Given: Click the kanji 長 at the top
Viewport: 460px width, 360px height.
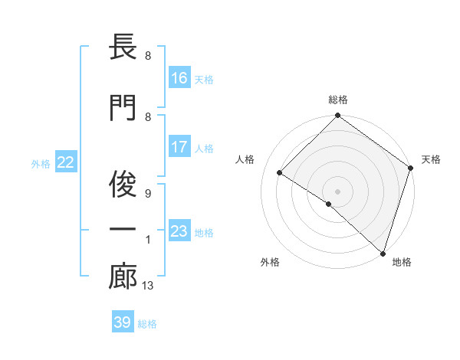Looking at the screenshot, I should pos(123,48).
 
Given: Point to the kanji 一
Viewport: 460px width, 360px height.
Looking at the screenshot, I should pos(123,230).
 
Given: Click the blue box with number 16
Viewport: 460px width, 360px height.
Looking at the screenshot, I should pos(179,77).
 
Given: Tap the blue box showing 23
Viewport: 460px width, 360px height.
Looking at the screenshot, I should pos(179,231).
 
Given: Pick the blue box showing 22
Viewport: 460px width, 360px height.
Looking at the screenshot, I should pos(65,162).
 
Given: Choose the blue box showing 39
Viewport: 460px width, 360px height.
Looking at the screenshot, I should pos(123,322).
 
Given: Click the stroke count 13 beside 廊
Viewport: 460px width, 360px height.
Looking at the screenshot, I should pos(148,286).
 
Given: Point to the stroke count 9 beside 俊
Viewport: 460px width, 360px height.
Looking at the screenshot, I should pos(147,194).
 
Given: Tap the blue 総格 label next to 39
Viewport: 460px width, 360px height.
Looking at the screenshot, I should pos(147,324).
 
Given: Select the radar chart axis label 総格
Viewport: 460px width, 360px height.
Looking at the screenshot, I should pos(337,100).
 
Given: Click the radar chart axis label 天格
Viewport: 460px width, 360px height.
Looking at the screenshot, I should pos(431,159).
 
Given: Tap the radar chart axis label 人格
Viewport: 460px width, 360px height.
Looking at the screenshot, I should pos(245,159).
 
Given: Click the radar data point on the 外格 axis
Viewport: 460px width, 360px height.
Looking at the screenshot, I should pos(329,204).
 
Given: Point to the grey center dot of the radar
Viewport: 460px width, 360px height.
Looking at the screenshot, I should pos(337,191).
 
